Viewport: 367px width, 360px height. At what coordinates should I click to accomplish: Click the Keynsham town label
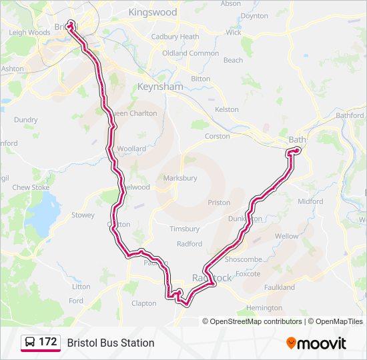(x=159, y=87)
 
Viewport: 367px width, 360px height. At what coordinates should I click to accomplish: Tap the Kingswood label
(x=153, y=13)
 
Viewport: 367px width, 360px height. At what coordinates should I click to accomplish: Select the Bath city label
(x=296, y=140)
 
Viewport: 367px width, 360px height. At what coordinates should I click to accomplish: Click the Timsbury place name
(x=184, y=229)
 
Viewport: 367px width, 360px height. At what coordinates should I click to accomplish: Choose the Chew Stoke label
(x=31, y=188)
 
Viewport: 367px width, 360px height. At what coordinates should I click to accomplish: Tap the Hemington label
(x=264, y=308)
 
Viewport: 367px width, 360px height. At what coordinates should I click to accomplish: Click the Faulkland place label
(x=279, y=287)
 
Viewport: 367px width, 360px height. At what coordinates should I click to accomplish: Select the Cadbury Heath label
(x=175, y=37)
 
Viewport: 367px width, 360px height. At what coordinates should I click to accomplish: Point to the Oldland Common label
(x=190, y=53)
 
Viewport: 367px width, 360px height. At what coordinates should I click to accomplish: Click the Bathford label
(x=350, y=115)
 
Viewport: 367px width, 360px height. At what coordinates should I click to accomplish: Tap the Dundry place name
(x=26, y=120)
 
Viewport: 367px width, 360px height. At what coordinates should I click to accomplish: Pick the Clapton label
(x=143, y=303)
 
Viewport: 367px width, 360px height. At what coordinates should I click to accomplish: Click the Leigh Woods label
(x=29, y=32)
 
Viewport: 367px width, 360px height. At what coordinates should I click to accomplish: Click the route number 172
(x=48, y=342)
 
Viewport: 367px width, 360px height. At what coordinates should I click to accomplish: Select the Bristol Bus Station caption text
(x=111, y=343)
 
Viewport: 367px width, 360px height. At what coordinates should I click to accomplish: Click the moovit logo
(x=316, y=343)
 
